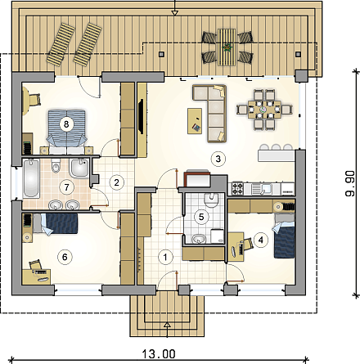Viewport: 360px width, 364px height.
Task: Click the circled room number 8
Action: [x=65, y=124]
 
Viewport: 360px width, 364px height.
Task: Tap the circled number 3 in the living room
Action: [x=218, y=159]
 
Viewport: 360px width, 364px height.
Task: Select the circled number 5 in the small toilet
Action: [x=201, y=217]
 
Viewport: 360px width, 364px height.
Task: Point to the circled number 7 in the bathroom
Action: [x=66, y=187]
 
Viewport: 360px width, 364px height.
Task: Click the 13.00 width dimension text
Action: [x=159, y=354]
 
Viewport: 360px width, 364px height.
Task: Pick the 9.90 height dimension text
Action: [x=350, y=184]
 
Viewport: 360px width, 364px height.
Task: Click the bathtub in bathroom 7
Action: [x=31, y=178]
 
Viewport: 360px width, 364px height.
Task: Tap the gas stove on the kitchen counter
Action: [x=237, y=188]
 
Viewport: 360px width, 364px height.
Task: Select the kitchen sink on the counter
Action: [x=261, y=188]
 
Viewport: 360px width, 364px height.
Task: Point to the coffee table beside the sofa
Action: [x=195, y=121]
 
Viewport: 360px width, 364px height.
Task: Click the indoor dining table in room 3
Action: [x=264, y=110]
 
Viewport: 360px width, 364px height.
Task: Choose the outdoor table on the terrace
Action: [x=227, y=47]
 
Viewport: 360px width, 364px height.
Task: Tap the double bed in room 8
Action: [x=66, y=132]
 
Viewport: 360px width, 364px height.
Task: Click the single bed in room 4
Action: [x=285, y=236]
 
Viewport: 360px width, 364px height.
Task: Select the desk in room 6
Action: [x=36, y=276]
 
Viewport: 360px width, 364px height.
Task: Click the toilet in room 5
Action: [x=211, y=200]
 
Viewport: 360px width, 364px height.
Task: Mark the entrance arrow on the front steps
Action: [x=168, y=328]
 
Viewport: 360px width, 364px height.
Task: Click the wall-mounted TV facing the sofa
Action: [x=141, y=116]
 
